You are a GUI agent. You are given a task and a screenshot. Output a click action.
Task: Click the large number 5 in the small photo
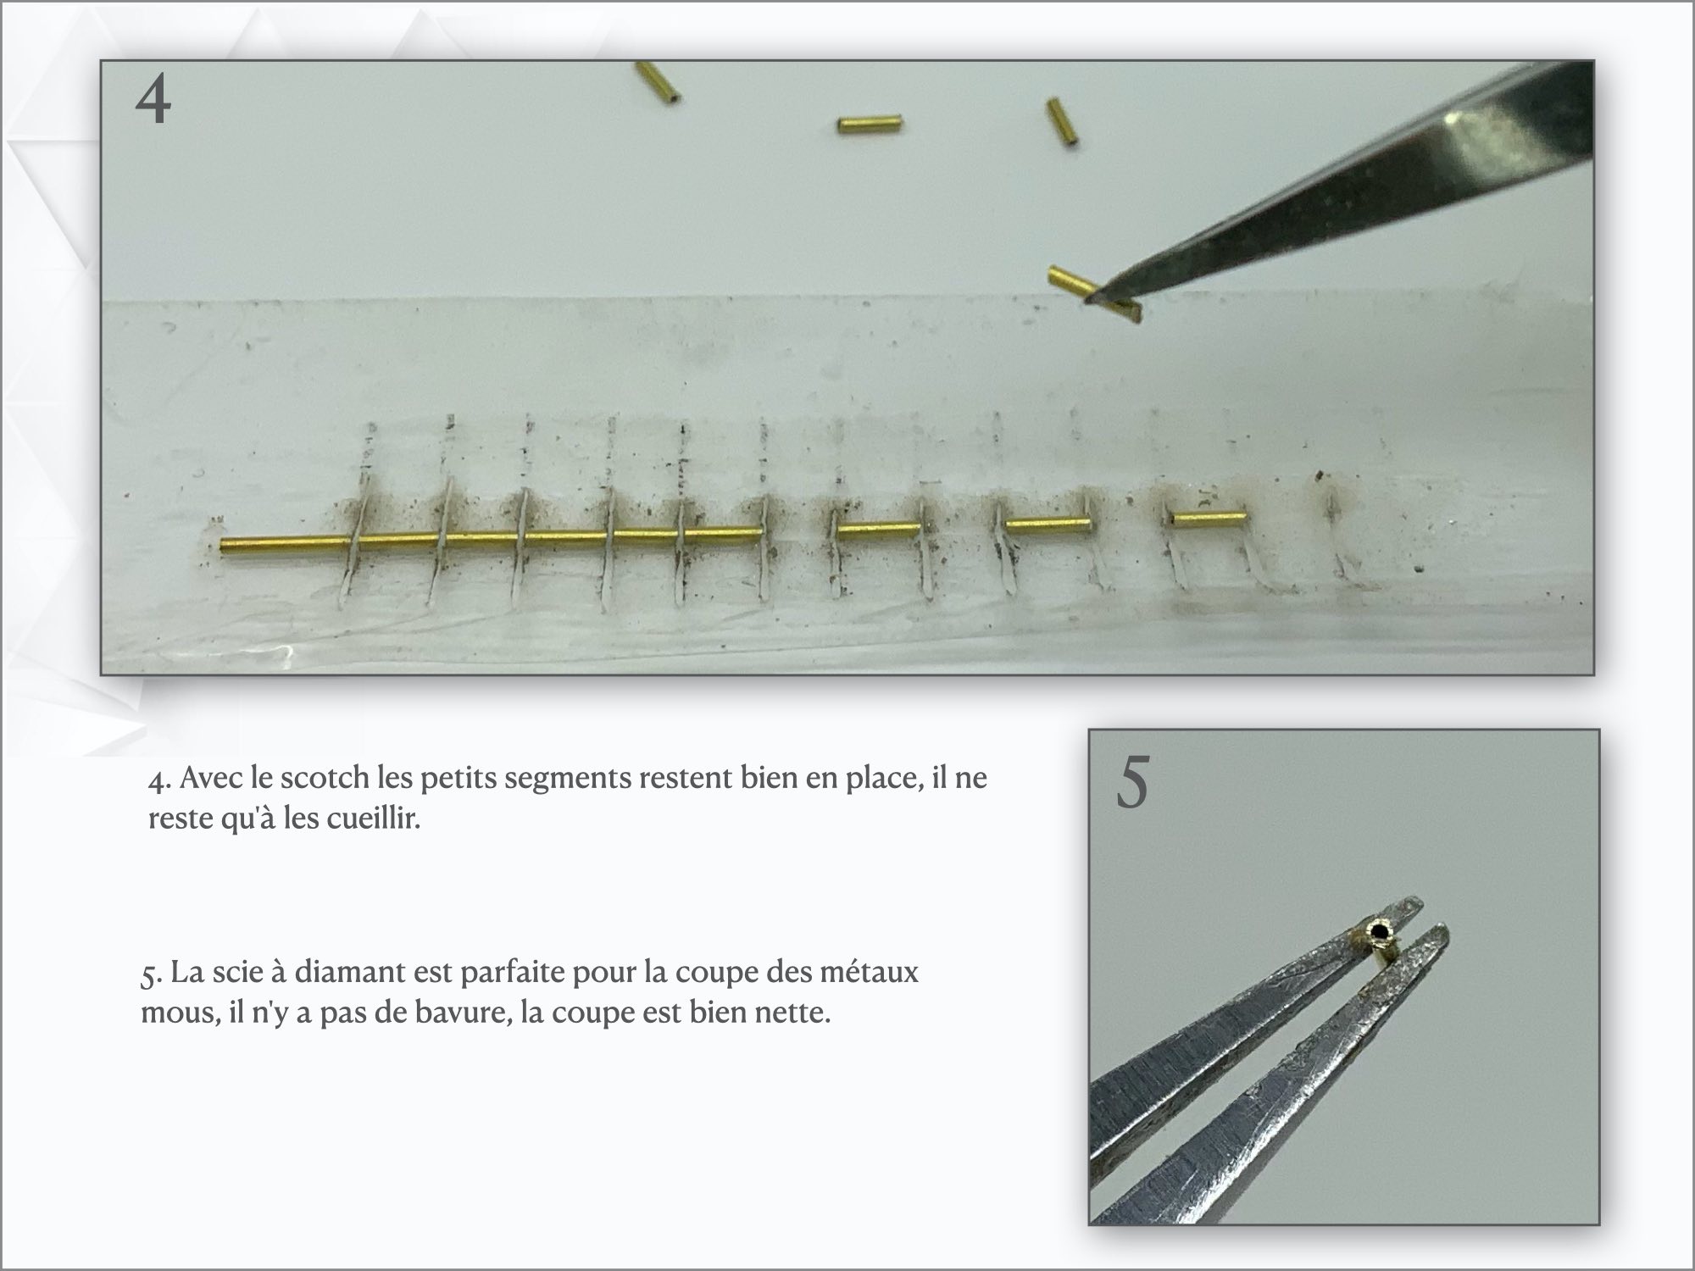coord(1132,783)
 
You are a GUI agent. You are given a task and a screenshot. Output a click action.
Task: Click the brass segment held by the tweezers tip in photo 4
coord(1095,294)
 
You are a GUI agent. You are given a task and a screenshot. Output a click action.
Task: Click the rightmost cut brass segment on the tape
coord(1208,516)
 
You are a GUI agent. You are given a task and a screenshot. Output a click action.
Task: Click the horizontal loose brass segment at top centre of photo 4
coord(870,125)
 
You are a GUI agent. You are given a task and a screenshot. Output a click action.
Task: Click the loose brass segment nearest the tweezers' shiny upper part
coord(1062,124)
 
